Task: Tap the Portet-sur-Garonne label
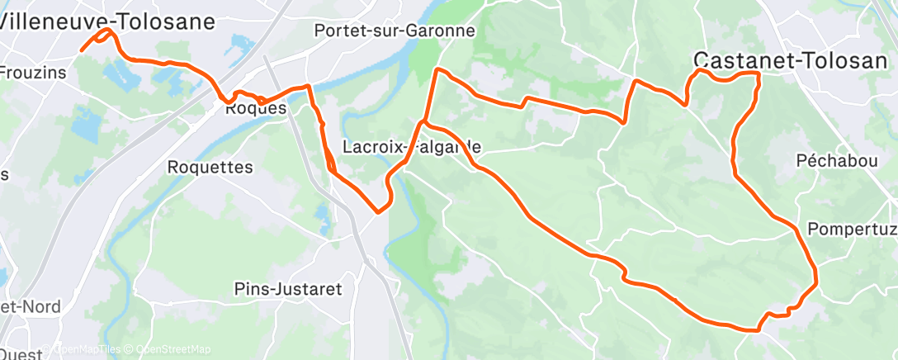(395, 31)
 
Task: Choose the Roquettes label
(210, 167)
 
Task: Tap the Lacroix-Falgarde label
(411, 147)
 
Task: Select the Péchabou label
(837, 160)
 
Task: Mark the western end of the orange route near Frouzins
(81, 50)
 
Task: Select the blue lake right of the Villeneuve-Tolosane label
(240, 41)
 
